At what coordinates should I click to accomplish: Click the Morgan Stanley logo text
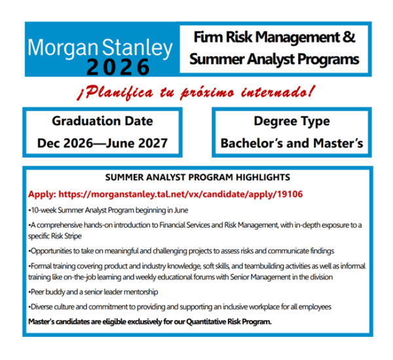tap(100, 48)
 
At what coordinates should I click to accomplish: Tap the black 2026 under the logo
tap(118, 67)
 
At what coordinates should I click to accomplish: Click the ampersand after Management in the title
tap(348, 37)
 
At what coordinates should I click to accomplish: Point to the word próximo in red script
tap(207, 93)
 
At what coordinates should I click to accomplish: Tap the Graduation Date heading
tap(102, 121)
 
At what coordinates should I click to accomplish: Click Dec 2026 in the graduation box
tap(65, 143)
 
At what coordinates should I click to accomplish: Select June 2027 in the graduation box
tap(137, 143)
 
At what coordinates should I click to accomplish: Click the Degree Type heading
tap(291, 122)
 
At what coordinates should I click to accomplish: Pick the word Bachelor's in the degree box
tap(252, 143)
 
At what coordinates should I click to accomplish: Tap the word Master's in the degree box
tap(338, 143)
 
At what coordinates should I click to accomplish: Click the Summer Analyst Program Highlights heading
tap(198, 177)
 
